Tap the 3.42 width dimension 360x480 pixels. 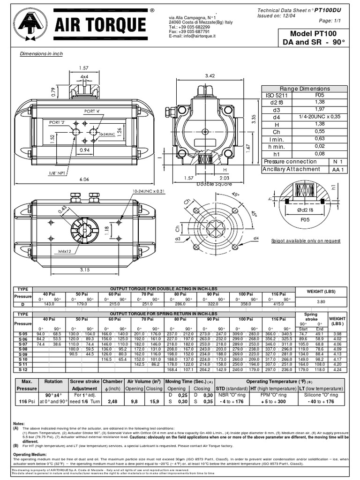(x=210, y=75)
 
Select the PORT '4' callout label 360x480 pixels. (x=92, y=111)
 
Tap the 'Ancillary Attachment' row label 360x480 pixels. (x=291, y=169)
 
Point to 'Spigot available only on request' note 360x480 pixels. (x=306, y=240)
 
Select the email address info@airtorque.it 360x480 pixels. (x=192, y=36)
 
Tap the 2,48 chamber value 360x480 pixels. (x=112, y=401)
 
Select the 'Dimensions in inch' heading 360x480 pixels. (x=41, y=54)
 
